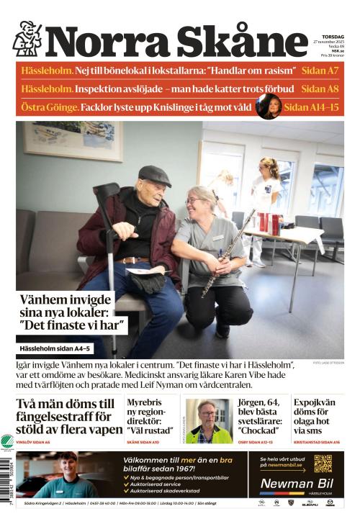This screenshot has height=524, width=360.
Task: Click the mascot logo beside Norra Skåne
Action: pyautogui.click(x=27, y=39)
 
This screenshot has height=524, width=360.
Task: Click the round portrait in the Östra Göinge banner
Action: pyautogui.click(x=268, y=107)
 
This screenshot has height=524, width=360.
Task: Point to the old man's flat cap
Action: pyautogui.click(x=154, y=175)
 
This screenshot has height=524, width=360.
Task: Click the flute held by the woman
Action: pyautogui.click(x=228, y=252)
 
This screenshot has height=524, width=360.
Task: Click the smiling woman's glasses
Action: pyautogui.click(x=195, y=201)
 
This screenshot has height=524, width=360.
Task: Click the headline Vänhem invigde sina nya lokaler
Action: pyautogui.click(x=73, y=313)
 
